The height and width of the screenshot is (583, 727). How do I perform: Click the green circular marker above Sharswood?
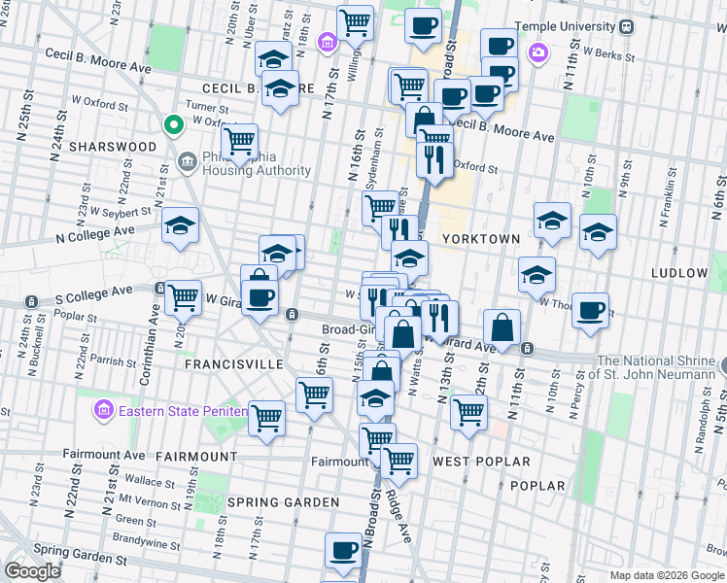pos(173,125)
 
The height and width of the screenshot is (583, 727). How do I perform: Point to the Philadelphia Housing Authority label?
pos(258,164)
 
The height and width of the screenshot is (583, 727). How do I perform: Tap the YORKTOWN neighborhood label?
pos(480,238)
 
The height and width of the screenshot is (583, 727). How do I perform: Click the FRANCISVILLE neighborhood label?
pos(233,364)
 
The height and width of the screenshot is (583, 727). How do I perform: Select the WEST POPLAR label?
pos(481,462)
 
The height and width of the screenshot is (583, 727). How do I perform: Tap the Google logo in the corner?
pos(32,571)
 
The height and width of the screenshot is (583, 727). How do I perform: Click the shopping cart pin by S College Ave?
pos(182,297)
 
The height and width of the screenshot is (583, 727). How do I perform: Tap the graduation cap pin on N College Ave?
pos(180,225)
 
